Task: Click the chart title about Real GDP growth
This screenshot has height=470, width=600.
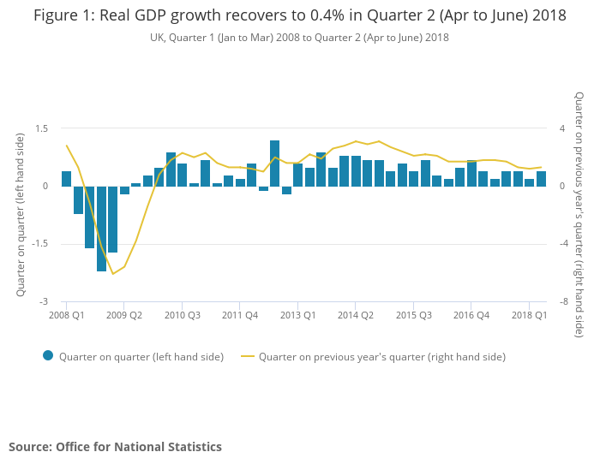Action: [299, 15]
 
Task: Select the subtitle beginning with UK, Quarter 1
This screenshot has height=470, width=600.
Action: [299, 38]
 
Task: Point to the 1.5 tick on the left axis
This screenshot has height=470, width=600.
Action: [41, 128]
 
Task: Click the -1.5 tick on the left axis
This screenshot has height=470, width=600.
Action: [39, 244]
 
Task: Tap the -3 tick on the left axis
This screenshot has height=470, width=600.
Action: [44, 302]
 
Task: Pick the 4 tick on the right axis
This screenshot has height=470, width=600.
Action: [562, 128]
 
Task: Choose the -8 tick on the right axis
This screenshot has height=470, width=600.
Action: [564, 302]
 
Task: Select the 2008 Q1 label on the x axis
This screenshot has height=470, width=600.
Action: [66, 315]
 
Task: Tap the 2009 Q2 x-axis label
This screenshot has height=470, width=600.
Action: [124, 315]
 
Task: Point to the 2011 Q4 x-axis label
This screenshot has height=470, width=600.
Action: [239, 315]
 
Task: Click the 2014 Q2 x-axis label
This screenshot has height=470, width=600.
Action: [355, 315]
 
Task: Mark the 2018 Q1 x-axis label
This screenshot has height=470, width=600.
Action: [529, 315]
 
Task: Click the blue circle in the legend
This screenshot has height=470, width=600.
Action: [48, 356]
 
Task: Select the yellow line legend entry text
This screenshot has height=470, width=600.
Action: [381, 357]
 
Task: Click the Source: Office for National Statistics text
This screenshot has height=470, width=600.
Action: [115, 447]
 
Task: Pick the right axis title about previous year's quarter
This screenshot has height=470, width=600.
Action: [579, 214]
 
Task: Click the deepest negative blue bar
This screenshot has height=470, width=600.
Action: [101, 229]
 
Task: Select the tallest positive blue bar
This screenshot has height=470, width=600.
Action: [274, 163]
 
